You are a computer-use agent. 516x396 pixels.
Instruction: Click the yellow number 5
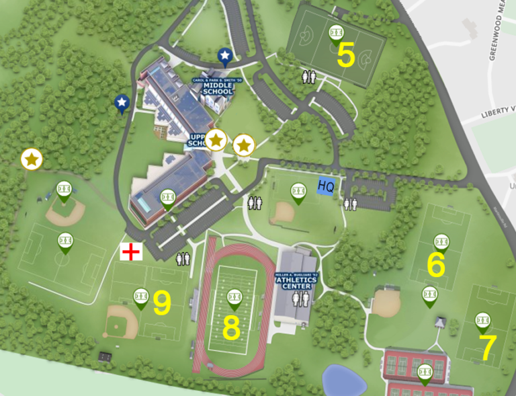point(345,55)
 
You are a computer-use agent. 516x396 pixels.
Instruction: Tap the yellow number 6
point(436,265)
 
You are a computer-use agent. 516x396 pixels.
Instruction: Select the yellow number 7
point(488,347)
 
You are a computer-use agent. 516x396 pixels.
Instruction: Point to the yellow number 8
point(231,327)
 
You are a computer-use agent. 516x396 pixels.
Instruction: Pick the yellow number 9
point(162,303)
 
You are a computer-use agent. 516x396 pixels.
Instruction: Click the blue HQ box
point(326,186)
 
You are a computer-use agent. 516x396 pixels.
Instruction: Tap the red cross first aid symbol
point(131,252)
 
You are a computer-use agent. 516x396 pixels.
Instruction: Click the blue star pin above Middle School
point(224,56)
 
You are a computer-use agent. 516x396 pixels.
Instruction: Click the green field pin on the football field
point(234,296)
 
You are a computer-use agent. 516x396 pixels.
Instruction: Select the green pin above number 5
point(335,32)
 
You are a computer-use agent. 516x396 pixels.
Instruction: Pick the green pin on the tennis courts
point(424,371)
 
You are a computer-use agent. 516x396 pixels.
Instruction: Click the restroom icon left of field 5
point(308,77)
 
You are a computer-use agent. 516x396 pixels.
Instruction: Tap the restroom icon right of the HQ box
point(350,204)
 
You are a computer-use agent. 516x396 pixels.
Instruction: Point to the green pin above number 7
point(482,321)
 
